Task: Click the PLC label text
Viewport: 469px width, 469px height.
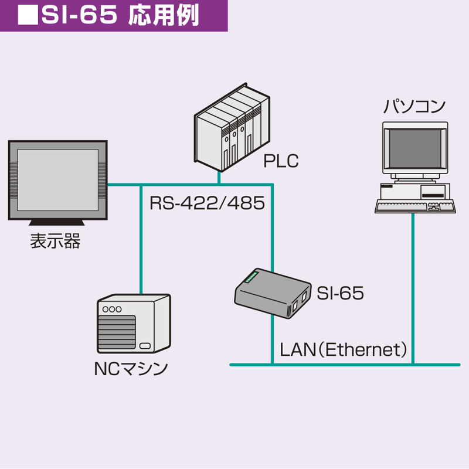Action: [281, 161]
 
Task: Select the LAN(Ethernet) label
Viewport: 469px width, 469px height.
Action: [344, 350]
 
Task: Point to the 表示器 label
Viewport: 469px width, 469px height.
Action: [55, 241]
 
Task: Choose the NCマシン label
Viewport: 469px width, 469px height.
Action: [131, 369]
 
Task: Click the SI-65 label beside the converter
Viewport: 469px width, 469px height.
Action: [340, 293]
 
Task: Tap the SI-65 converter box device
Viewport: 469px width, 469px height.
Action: [273, 293]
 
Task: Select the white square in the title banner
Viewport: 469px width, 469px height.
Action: [26, 16]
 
